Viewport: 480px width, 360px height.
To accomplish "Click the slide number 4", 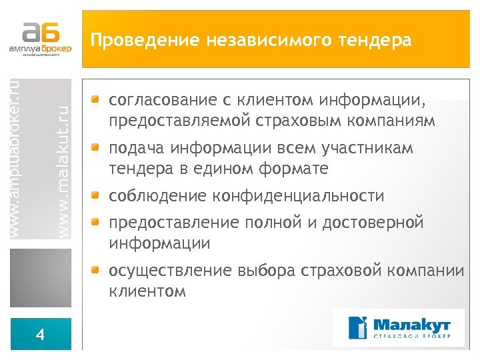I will click(x=40, y=335).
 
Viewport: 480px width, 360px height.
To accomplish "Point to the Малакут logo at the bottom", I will click(x=399, y=327).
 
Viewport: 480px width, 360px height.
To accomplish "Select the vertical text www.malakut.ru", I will click(x=63, y=163).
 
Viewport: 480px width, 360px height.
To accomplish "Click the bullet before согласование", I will click(x=97, y=101).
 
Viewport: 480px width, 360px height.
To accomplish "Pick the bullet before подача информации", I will click(x=97, y=147).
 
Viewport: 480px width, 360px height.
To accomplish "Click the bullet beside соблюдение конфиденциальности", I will click(x=97, y=195).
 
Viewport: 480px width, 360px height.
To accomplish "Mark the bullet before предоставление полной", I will click(x=97, y=222).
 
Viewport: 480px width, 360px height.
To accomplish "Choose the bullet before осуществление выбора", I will click(x=97, y=270).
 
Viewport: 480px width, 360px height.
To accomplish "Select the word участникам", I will click(x=378, y=148).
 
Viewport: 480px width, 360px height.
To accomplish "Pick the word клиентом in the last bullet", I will click(x=147, y=291).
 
